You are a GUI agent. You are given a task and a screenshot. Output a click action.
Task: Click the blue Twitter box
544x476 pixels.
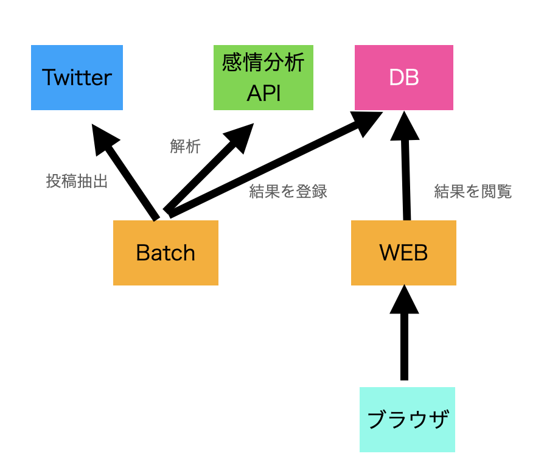pyautogui.click(x=77, y=77)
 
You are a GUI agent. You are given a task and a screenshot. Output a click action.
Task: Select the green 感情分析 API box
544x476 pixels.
pyautogui.click(x=263, y=77)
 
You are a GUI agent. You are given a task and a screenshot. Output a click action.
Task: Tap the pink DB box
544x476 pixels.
pyautogui.click(x=404, y=77)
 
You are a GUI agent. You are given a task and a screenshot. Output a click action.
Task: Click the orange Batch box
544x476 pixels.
pyautogui.click(x=166, y=253)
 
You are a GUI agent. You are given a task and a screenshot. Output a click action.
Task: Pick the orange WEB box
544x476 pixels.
pyautogui.click(x=403, y=253)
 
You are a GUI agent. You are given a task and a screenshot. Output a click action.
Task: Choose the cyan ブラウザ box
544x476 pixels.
pyautogui.click(x=407, y=419)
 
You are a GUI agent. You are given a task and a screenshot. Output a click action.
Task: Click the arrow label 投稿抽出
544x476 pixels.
pyautogui.click(x=77, y=181)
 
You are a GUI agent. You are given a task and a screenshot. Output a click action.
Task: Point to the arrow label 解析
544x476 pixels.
pyautogui.click(x=185, y=146)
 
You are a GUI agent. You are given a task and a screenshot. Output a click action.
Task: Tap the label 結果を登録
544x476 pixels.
pyautogui.click(x=288, y=192)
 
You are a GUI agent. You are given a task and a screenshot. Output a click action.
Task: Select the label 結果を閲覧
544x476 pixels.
pyautogui.click(x=473, y=192)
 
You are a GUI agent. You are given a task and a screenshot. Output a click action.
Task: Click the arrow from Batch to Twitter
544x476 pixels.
pyautogui.click(x=124, y=172)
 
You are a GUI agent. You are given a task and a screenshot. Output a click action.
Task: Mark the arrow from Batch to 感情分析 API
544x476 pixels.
pyautogui.click(x=208, y=169)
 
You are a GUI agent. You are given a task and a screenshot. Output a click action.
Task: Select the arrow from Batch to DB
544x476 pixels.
pyautogui.click(x=274, y=164)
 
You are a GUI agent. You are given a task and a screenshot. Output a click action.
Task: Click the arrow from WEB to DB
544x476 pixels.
pyautogui.click(x=406, y=166)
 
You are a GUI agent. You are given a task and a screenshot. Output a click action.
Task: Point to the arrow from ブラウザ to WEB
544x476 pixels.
pyautogui.click(x=404, y=332)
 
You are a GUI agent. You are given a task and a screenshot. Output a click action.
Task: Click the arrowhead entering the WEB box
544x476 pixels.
pyautogui.click(x=404, y=299)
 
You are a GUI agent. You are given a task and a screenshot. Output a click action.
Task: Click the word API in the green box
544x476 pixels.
pyautogui.click(x=263, y=93)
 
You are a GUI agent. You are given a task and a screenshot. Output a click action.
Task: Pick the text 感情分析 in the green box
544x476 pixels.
pyautogui.click(x=263, y=62)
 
